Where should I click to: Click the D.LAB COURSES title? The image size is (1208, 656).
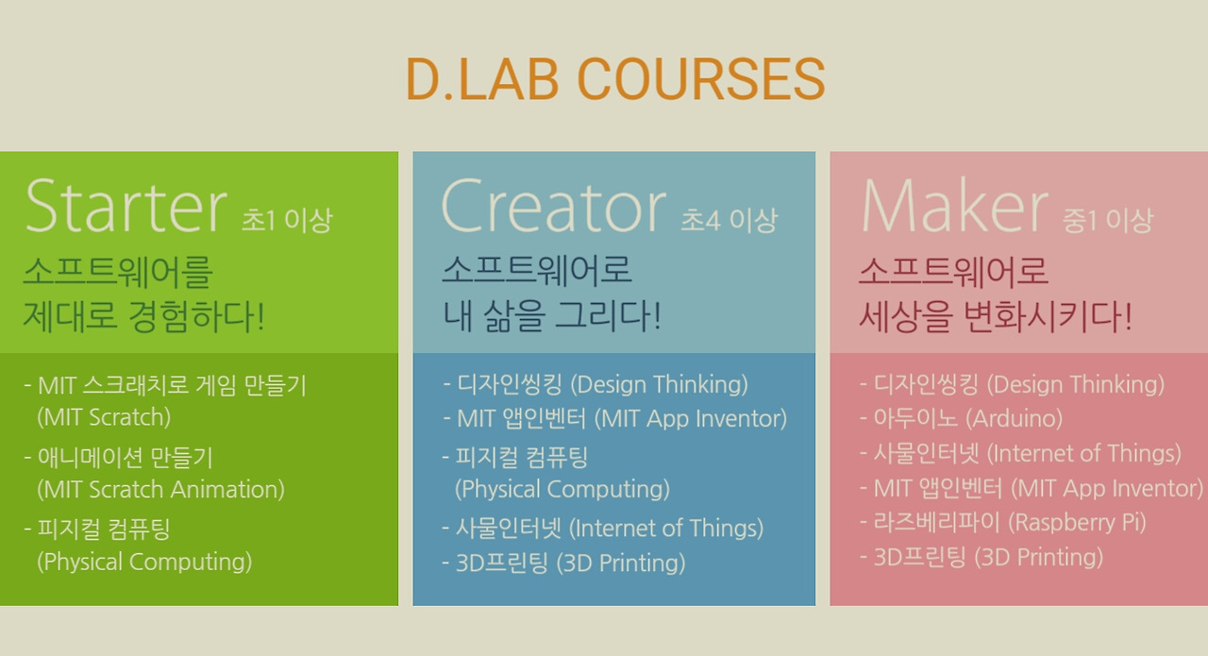(x=615, y=79)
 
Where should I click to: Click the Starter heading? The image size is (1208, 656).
(x=126, y=206)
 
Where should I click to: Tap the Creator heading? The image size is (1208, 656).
(x=554, y=206)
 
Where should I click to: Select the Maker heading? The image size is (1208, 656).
(x=954, y=206)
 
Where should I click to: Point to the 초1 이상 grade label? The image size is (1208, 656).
(x=287, y=220)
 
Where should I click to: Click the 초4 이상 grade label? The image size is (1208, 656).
(x=730, y=220)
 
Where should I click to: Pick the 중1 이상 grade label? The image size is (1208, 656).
(x=1108, y=220)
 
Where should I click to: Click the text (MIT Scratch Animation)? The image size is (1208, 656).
(x=160, y=490)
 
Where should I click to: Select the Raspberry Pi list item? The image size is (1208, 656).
(x=1003, y=522)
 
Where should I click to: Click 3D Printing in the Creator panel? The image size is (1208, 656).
(x=563, y=563)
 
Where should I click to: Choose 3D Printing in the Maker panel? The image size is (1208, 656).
(x=981, y=557)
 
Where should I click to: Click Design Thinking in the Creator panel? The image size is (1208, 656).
(x=596, y=385)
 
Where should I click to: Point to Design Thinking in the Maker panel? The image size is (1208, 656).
(x=1013, y=385)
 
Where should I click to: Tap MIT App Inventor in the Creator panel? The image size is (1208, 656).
(x=614, y=419)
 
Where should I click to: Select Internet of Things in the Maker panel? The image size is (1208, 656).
(x=1020, y=454)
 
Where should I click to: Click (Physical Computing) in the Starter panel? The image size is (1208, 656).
(x=144, y=563)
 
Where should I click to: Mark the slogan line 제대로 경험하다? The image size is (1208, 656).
(x=144, y=316)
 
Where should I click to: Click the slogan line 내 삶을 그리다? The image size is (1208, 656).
(x=552, y=316)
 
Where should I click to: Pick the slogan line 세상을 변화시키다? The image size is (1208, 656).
(x=996, y=316)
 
